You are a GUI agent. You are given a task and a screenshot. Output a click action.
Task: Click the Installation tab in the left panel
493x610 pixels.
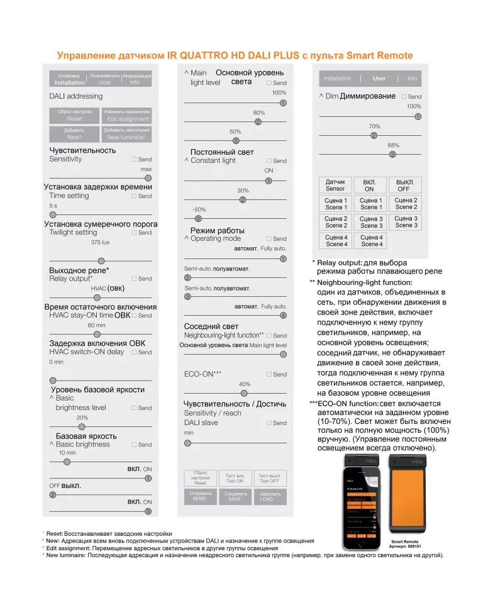pos(69,79)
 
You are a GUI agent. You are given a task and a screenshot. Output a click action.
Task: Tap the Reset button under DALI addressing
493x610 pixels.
pos(75,116)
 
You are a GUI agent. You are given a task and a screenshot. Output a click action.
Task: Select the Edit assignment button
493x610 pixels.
pos(126,116)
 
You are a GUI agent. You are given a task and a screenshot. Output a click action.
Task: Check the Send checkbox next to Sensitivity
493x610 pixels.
pos(134,160)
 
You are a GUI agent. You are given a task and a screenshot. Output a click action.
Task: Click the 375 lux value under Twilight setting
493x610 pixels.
pos(100,242)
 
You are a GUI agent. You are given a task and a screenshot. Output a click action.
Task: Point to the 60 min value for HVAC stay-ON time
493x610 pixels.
pos(97,325)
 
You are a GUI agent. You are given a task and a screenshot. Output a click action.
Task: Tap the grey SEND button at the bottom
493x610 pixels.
pos(199,496)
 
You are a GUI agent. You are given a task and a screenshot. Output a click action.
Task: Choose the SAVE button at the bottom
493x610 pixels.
pos(235,496)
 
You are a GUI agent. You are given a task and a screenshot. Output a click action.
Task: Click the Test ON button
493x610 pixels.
pos(235,479)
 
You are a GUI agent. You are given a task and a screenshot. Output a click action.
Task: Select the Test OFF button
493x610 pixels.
pos(270,479)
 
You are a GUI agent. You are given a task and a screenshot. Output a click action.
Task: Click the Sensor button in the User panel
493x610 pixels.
pos(335,186)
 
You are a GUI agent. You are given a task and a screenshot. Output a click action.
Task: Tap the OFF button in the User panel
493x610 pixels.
pos(404,186)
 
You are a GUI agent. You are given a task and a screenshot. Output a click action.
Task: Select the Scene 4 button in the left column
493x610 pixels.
pos(336,241)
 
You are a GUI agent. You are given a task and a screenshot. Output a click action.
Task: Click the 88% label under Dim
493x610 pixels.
pos(394,145)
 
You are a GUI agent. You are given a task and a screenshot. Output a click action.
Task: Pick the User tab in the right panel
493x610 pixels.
pos(379,79)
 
